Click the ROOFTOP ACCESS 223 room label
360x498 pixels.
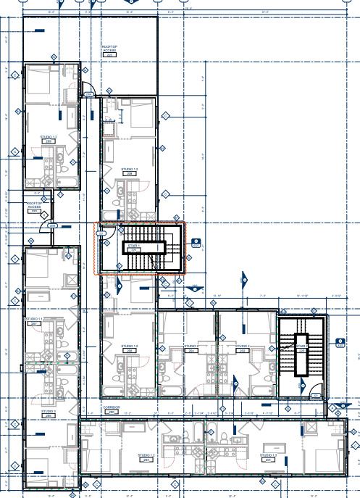point(109,51)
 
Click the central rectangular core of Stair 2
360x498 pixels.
point(301,354)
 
